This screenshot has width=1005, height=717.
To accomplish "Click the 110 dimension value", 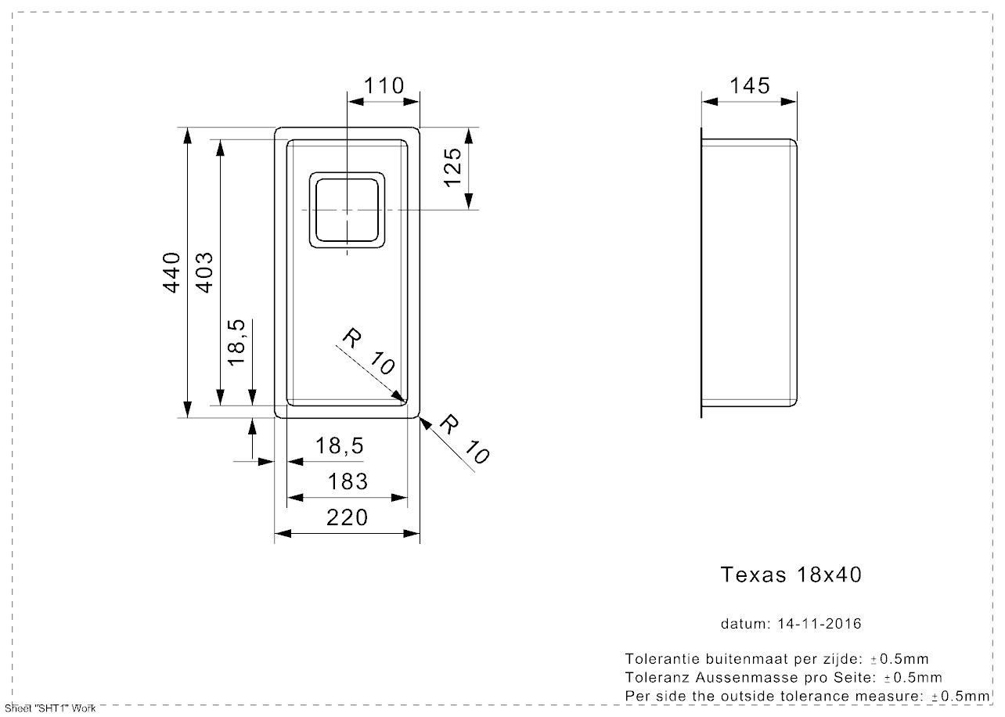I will click(x=384, y=85).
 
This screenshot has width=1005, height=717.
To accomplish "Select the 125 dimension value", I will click(x=453, y=167).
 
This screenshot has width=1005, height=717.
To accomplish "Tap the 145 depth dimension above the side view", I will click(x=749, y=85).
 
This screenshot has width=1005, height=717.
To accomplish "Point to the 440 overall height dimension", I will click(x=172, y=272).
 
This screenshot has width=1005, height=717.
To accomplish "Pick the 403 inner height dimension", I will click(x=204, y=272).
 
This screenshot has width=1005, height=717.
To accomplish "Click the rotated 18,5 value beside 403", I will click(x=237, y=341).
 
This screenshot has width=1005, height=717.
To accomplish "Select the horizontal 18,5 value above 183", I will click(x=340, y=446).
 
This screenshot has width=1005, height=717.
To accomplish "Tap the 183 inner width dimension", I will click(x=347, y=481).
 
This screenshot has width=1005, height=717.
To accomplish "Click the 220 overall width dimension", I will click(x=347, y=517).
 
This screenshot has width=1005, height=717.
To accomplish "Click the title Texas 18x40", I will click(x=791, y=575).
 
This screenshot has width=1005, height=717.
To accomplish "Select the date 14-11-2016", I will click(x=819, y=624).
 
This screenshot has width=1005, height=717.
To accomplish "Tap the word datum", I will click(x=745, y=624).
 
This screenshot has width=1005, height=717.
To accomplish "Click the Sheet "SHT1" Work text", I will click(x=49, y=708).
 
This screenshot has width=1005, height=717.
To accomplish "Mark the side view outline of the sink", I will click(x=749, y=272).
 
